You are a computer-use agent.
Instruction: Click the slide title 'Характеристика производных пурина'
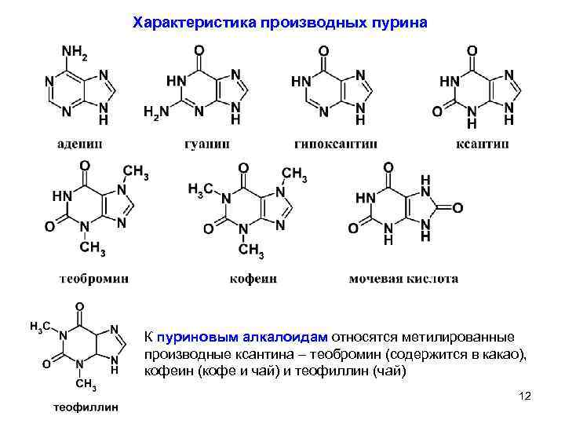[x=281, y=21]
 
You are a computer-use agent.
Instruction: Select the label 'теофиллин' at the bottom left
[x=85, y=408]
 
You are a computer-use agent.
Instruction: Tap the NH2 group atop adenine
[x=75, y=53]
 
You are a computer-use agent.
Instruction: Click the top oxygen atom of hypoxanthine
[x=323, y=51]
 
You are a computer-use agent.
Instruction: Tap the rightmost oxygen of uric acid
[x=457, y=207]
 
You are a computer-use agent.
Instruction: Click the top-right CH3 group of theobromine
[x=136, y=173]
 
